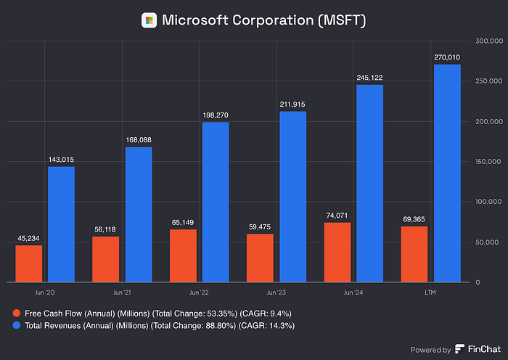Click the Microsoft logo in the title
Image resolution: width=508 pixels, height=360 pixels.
coord(149,20)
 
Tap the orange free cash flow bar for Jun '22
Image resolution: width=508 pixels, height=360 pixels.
coord(182,255)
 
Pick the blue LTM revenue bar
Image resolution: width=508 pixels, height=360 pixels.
coord(447,173)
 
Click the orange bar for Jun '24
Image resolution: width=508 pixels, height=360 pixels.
coord(337,252)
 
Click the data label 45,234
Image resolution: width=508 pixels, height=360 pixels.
coord(28,237)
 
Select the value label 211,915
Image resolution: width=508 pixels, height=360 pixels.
coord(292,104)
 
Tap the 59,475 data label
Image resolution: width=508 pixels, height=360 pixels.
coord(259,226)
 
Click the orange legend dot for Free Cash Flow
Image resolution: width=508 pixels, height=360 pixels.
coord(17,313)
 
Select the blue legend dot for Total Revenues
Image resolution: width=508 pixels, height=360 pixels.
coord(17,327)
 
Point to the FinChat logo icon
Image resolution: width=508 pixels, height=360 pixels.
coord(459,349)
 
